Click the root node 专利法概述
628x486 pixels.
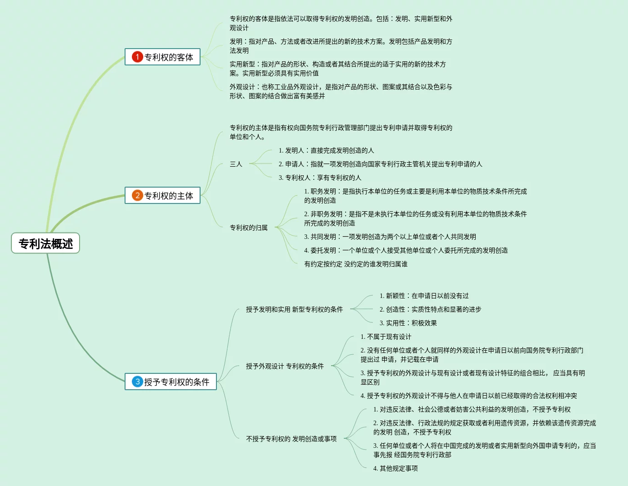coord(45,243)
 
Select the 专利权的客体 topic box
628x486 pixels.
coord(163,57)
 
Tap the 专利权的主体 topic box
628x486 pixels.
coord(163,195)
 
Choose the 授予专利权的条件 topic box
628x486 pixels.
coord(171,382)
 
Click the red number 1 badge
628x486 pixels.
coord(137,57)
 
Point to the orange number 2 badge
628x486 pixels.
coord(137,195)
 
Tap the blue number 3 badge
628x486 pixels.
coord(137,382)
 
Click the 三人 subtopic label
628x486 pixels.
coord(236,164)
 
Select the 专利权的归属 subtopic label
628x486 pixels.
coord(249,228)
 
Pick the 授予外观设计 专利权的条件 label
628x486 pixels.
coord(285,366)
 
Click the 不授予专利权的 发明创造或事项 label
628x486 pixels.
coord(291,439)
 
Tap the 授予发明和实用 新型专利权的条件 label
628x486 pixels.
coord(294,309)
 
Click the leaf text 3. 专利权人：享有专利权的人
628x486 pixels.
coord(320,178)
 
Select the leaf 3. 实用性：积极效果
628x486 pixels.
coord(408,323)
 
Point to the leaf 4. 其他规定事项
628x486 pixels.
coord(395,468)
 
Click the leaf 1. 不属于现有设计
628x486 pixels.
coord(386,337)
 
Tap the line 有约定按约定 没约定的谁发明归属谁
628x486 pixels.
coord(356,264)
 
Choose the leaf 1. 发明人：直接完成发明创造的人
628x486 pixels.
coord(326,150)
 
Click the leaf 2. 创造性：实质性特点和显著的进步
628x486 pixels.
coord(430,309)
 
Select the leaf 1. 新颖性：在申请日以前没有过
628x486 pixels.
coord(424,296)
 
